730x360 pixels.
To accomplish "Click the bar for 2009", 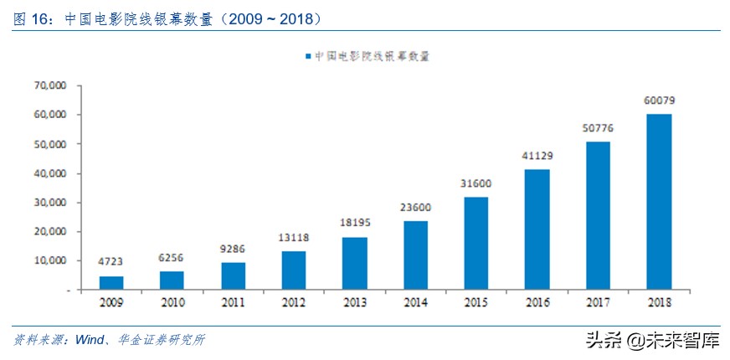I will tap(111, 283).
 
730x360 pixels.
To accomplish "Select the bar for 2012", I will tap(293, 270).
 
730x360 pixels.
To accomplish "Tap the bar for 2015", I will tap(476, 243).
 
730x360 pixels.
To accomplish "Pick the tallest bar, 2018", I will tap(659, 202).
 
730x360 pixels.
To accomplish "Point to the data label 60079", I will tap(659, 100).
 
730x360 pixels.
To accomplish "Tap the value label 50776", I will tap(598, 128).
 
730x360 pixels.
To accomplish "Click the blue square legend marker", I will tap(308, 56).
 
